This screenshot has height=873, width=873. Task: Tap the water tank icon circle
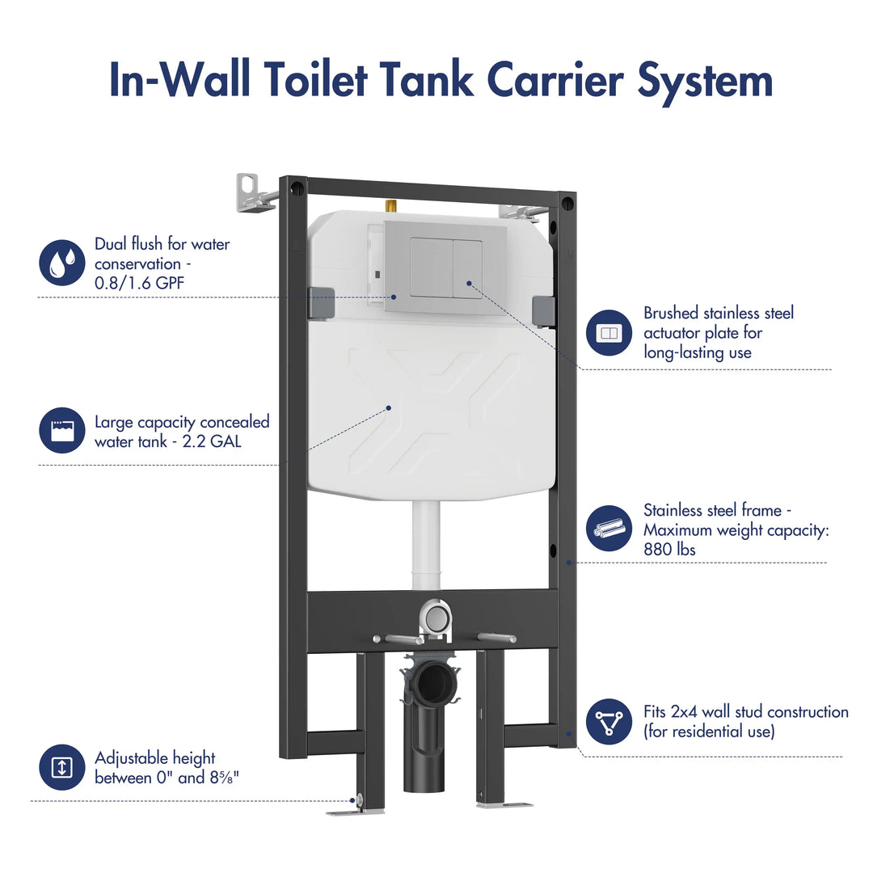coord(62,430)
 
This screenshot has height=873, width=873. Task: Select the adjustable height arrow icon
coord(62,767)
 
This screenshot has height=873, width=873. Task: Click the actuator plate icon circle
coord(609,333)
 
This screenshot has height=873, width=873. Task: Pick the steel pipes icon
coord(609,529)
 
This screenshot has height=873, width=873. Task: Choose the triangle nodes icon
coord(609,722)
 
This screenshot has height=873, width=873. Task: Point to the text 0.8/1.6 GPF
coord(134,284)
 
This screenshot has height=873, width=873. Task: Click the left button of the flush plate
coord(431,268)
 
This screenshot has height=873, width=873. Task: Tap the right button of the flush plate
coord(468,268)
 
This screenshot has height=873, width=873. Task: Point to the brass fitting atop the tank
coord(390,207)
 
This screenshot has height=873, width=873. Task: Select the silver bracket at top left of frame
coord(253,194)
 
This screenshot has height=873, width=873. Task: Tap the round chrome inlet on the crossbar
coord(435,620)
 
